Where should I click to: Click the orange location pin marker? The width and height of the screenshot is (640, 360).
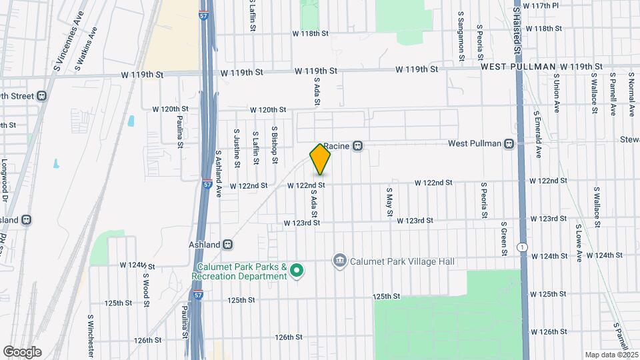click(320, 159)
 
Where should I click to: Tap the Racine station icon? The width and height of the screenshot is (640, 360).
click(358, 146)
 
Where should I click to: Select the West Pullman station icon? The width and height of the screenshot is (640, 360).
click(509, 143)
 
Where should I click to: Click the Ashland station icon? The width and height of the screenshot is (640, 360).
click(228, 244)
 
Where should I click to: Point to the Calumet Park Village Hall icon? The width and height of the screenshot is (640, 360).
click(339, 261)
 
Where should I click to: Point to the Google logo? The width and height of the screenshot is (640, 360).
click(22, 351)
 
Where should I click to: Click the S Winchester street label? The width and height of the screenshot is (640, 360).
click(90, 336)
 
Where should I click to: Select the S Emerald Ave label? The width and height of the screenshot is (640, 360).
click(537, 134)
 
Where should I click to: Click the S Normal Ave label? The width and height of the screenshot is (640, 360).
click(631, 95)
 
